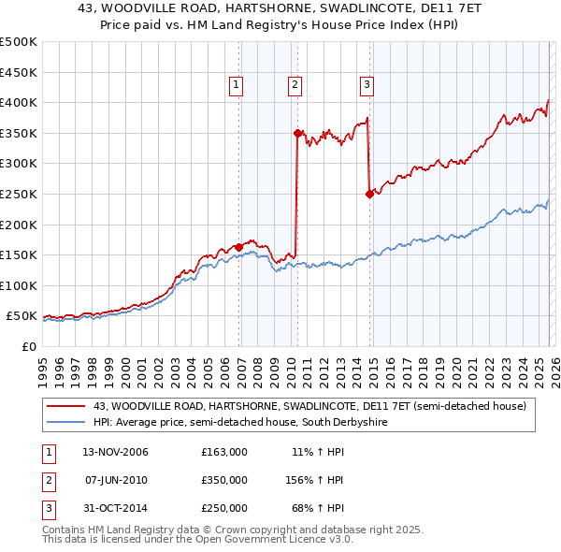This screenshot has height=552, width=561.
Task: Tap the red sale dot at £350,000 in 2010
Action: coord(297,133)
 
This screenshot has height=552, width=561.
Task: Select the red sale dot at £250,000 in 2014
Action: coord(369,194)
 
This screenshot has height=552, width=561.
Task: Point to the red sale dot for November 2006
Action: coord(239,247)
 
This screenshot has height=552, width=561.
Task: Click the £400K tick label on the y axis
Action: coord(19,102)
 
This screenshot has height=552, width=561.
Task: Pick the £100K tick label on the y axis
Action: coord(19,285)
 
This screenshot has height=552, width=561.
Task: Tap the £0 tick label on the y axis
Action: coord(28,346)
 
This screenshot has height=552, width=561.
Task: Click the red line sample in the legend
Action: coord(65,406)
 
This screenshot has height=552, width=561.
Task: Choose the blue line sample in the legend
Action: coord(65,423)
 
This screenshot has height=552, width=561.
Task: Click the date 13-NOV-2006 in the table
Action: coord(115,452)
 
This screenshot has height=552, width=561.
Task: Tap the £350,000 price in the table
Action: coord(223,480)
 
